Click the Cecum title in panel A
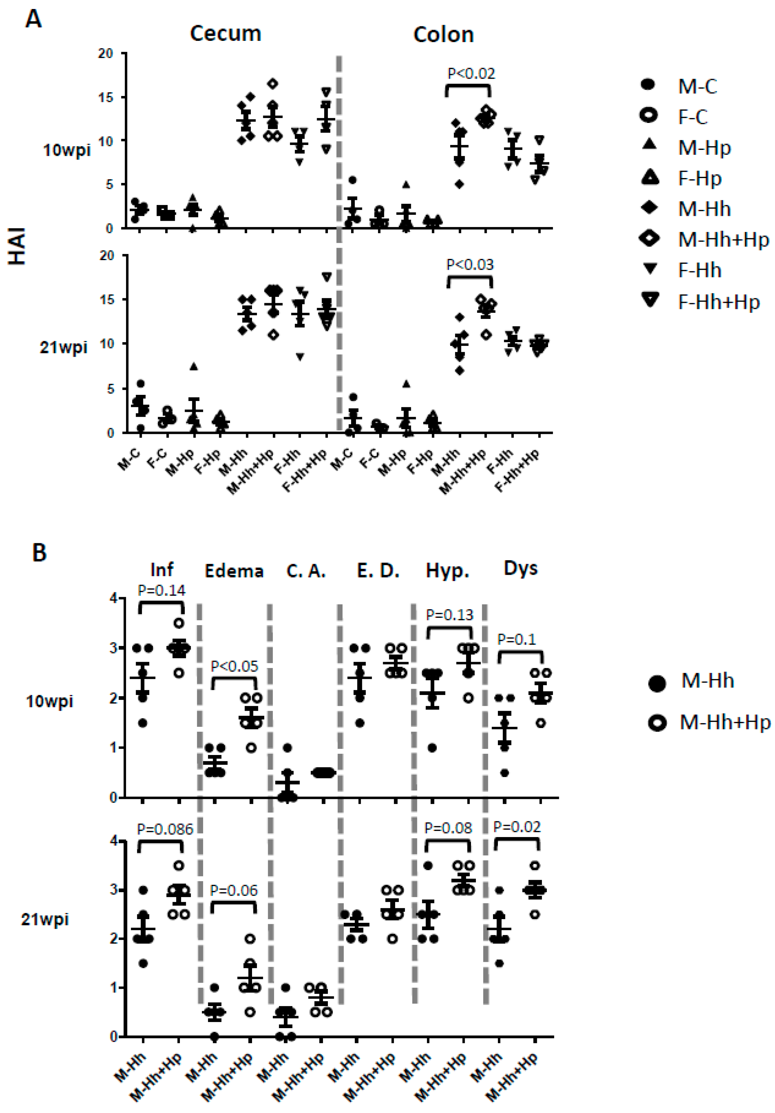pos(225,33)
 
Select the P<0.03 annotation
pos(470,265)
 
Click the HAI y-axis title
pos(17,247)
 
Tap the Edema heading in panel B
pos(234,571)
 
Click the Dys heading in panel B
pos(520,568)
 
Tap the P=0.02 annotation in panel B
pos(517,827)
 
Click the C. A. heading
pos(306,571)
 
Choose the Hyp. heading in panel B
pos(447,571)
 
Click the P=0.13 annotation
pos(449,615)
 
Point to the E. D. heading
pos(378,571)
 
